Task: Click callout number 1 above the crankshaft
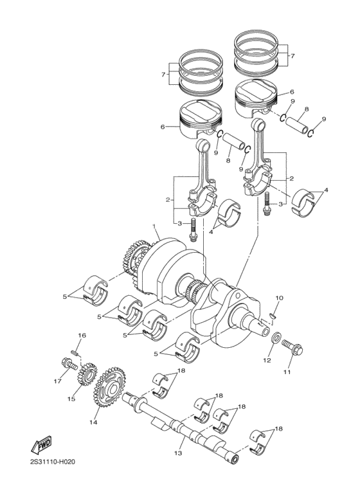(154, 226)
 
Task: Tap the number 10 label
(279, 298)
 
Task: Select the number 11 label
(287, 372)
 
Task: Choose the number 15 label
(71, 399)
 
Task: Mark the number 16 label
(82, 336)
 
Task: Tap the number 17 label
(57, 381)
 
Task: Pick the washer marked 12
(274, 338)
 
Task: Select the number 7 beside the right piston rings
(293, 56)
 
